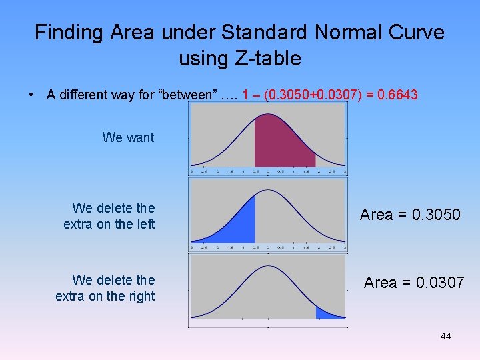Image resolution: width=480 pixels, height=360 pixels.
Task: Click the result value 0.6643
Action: coord(397,95)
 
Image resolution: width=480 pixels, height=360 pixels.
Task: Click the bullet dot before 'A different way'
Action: coord(33,95)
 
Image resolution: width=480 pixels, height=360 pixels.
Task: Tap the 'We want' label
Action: coord(128,137)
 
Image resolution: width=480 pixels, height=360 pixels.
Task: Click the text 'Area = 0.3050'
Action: coord(410,215)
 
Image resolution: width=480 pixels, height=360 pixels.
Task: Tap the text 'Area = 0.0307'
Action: coord(413,283)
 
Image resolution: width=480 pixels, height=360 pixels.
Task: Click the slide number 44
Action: coord(445,336)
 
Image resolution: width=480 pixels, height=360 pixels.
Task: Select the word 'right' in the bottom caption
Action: coord(140,296)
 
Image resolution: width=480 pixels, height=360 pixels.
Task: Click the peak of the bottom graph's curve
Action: coord(268,267)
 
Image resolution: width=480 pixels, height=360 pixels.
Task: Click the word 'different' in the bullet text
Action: coord(85,95)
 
